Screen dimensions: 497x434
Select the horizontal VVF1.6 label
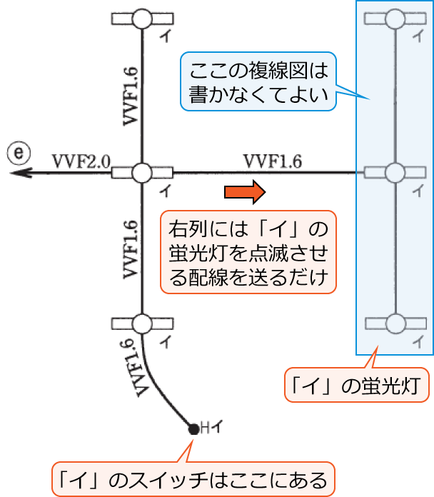pos(272,161)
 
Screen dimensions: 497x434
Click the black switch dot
pos(193,429)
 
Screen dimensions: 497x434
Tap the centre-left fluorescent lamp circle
pos(143,172)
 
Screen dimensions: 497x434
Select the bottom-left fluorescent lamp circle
pos(143,324)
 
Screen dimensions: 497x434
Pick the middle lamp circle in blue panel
pos(395,172)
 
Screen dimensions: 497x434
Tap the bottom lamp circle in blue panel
pos(395,324)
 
